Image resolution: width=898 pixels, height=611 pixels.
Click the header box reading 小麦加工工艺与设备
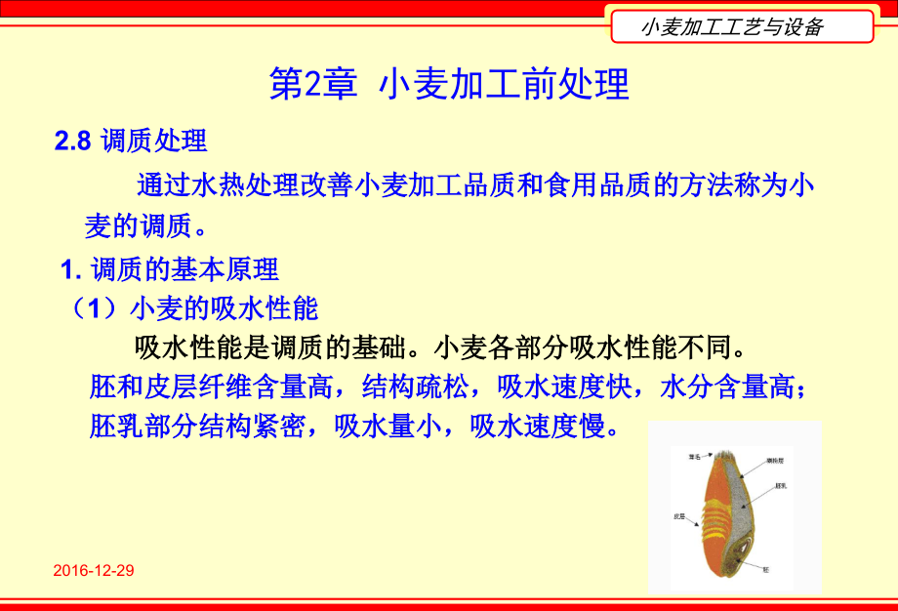[x=741, y=26]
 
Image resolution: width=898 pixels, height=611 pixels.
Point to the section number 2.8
[x=73, y=141]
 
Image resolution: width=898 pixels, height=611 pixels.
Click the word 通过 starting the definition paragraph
[x=159, y=184]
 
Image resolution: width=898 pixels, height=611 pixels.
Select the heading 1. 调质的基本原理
[x=170, y=268]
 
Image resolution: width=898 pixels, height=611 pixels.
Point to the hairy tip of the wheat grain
[x=725, y=455]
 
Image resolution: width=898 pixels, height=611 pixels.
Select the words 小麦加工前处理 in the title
[x=503, y=85]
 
